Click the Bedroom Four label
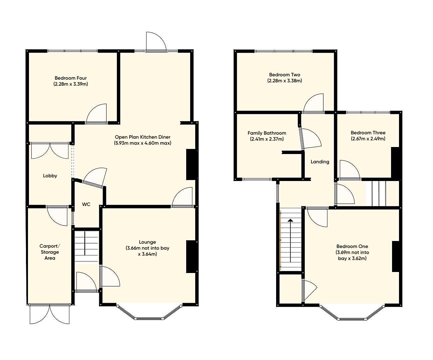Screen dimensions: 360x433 click(x=71, y=78)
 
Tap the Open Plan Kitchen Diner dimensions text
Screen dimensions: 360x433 click(x=143, y=143)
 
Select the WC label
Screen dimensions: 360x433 click(x=86, y=204)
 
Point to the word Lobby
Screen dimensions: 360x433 click(x=50, y=176)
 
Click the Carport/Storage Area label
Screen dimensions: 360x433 click(x=50, y=252)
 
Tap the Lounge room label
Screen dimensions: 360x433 click(x=147, y=242)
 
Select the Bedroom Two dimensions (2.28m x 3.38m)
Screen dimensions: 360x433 click(x=284, y=81)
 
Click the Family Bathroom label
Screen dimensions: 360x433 click(x=267, y=133)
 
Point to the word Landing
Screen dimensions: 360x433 click(x=320, y=162)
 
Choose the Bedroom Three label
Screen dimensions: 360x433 click(x=368, y=133)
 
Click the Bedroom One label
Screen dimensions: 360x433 click(x=352, y=246)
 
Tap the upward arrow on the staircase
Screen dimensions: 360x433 click(x=290, y=240)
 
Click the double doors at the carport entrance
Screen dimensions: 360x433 click(x=50, y=314)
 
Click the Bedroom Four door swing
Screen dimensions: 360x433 click(x=97, y=114)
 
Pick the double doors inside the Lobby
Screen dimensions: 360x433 click(x=50, y=151)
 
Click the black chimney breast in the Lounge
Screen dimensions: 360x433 click(x=191, y=257)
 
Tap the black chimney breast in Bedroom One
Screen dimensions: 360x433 click(x=396, y=257)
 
